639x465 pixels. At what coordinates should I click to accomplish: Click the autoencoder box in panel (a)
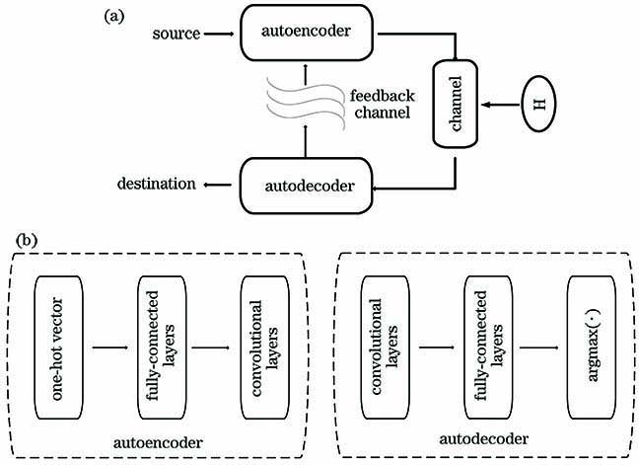310,34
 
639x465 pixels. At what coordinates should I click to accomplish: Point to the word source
177,35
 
